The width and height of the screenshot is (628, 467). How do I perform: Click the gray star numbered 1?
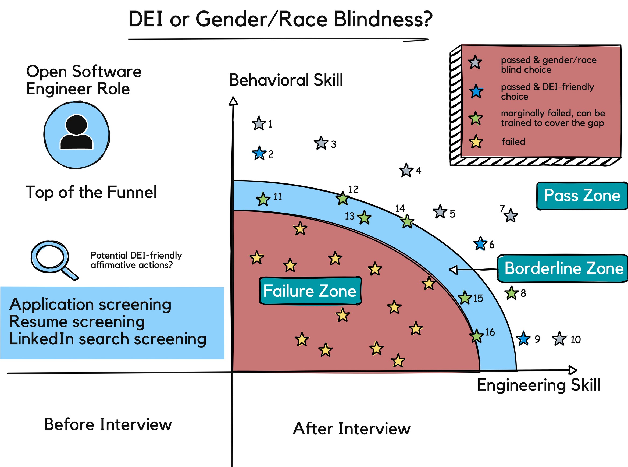click(259, 123)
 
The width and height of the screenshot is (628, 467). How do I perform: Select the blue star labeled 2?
click(259, 153)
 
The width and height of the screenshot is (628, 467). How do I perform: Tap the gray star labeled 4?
click(406, 171)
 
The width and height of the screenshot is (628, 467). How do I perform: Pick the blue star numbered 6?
click(480, 244)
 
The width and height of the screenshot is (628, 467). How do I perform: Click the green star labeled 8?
click(512, 293)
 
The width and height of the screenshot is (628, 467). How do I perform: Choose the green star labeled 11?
click(263, 199)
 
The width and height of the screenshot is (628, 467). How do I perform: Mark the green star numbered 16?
click(477, 336)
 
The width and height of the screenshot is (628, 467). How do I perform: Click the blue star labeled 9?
click(523, 339)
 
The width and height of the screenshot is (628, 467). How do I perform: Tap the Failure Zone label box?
click(310, 291)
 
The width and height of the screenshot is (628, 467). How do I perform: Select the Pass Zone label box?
click(582, 196)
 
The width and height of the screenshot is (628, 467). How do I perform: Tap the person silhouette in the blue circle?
click(76, 133)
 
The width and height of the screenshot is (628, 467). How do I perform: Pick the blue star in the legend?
click(476, 91)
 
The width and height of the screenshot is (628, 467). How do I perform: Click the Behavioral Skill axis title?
click(286, 80)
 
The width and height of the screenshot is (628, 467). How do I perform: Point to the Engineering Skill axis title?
click(538, 385)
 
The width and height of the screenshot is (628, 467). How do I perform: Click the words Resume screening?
click(77, 322)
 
